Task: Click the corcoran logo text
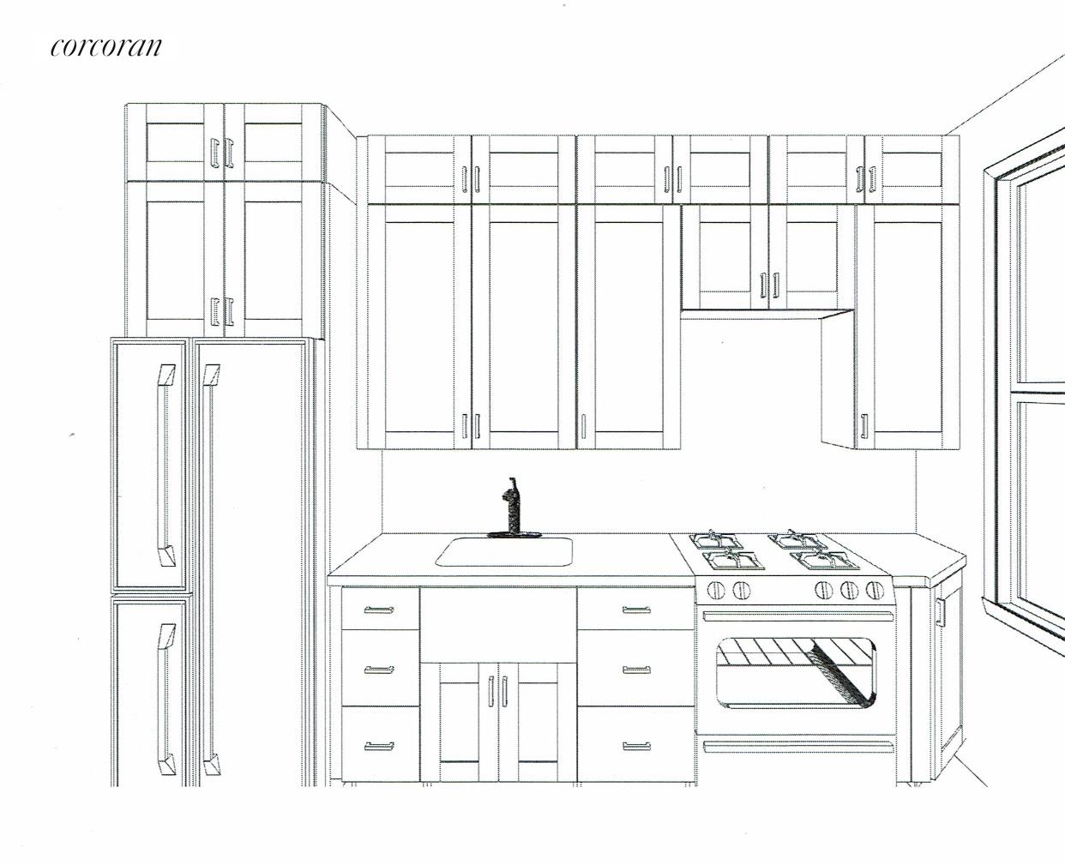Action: (x=105, y=46)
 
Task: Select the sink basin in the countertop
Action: (x=504, y=551)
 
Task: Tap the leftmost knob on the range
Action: (x=714, y=590)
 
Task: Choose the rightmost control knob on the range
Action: (x=875, y=590)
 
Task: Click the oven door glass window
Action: (x=795, y=671)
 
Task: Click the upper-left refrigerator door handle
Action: (x=165, y=463)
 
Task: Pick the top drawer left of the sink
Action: (x=380, y=610)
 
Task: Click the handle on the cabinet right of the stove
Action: (x=940, y=612)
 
